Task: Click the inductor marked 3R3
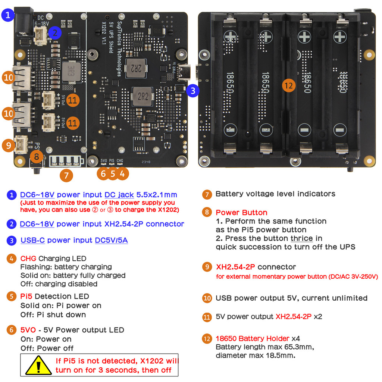69,71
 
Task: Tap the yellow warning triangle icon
38,365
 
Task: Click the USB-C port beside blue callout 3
184,72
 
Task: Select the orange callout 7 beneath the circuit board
66,175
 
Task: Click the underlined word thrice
302,238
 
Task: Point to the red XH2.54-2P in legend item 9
235,267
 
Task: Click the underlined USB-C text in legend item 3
32,240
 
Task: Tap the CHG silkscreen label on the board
120,161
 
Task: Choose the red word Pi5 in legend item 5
26,297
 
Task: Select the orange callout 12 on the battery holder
288,85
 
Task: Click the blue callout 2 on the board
55,33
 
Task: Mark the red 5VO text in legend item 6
28,330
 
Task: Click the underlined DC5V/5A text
111,240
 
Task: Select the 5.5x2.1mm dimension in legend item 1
157,195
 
